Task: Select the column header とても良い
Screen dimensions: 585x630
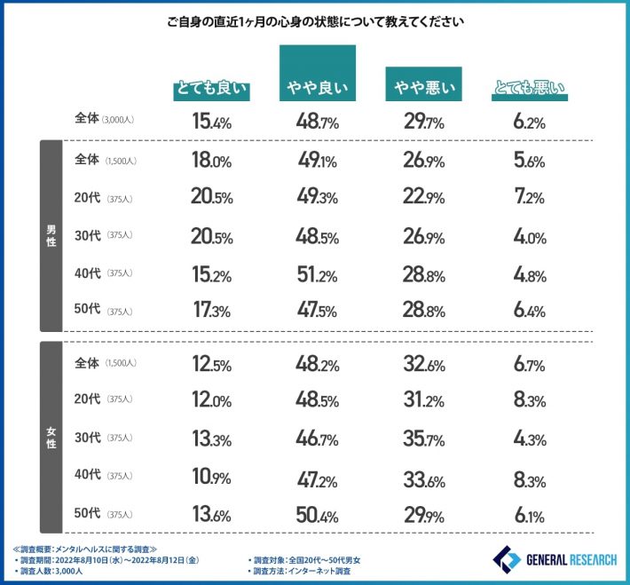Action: click(x=211, y=90)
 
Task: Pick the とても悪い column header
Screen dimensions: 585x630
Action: click(x=530, y=90)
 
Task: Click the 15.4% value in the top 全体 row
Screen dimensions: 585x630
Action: click(x=211, y=121)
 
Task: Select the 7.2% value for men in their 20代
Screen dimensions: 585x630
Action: click(x=530, y=198)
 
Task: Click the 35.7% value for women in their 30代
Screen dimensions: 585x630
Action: click(x=424, y=438)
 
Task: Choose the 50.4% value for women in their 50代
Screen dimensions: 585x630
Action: click(x=317, y=514)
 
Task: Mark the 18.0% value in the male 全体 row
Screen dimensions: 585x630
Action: click(x=211, y=160)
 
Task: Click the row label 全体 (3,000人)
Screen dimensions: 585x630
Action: click(x=105, y=120)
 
